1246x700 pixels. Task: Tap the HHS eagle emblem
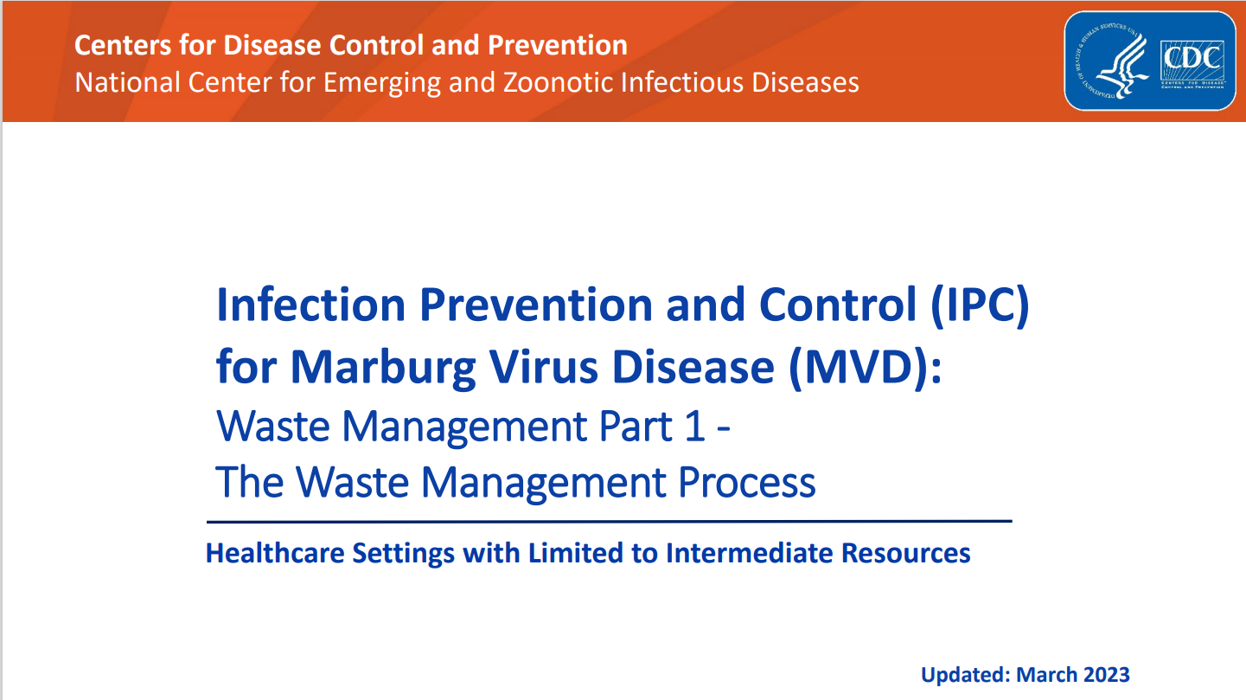point(1115,61)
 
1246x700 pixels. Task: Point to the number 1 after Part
point(694,427)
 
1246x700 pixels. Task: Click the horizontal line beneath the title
point(609,522)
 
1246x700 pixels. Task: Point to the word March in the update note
point(1043,675)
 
